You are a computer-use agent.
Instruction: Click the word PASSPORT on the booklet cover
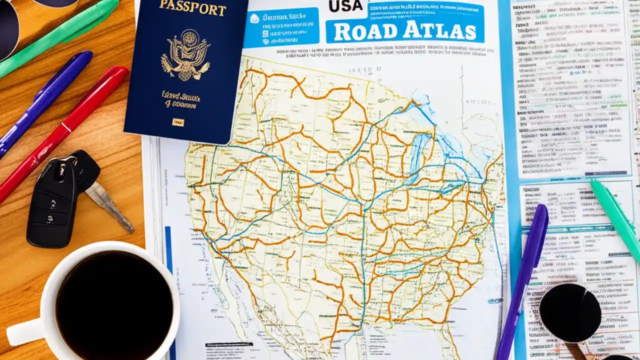(192, 7)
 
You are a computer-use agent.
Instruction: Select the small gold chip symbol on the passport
(177, 122)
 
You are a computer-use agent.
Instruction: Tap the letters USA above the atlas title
(345, 6)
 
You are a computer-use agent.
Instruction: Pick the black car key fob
(52, 205)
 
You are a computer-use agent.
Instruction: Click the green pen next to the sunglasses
(60, 35)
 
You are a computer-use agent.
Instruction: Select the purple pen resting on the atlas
(522, 280)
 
